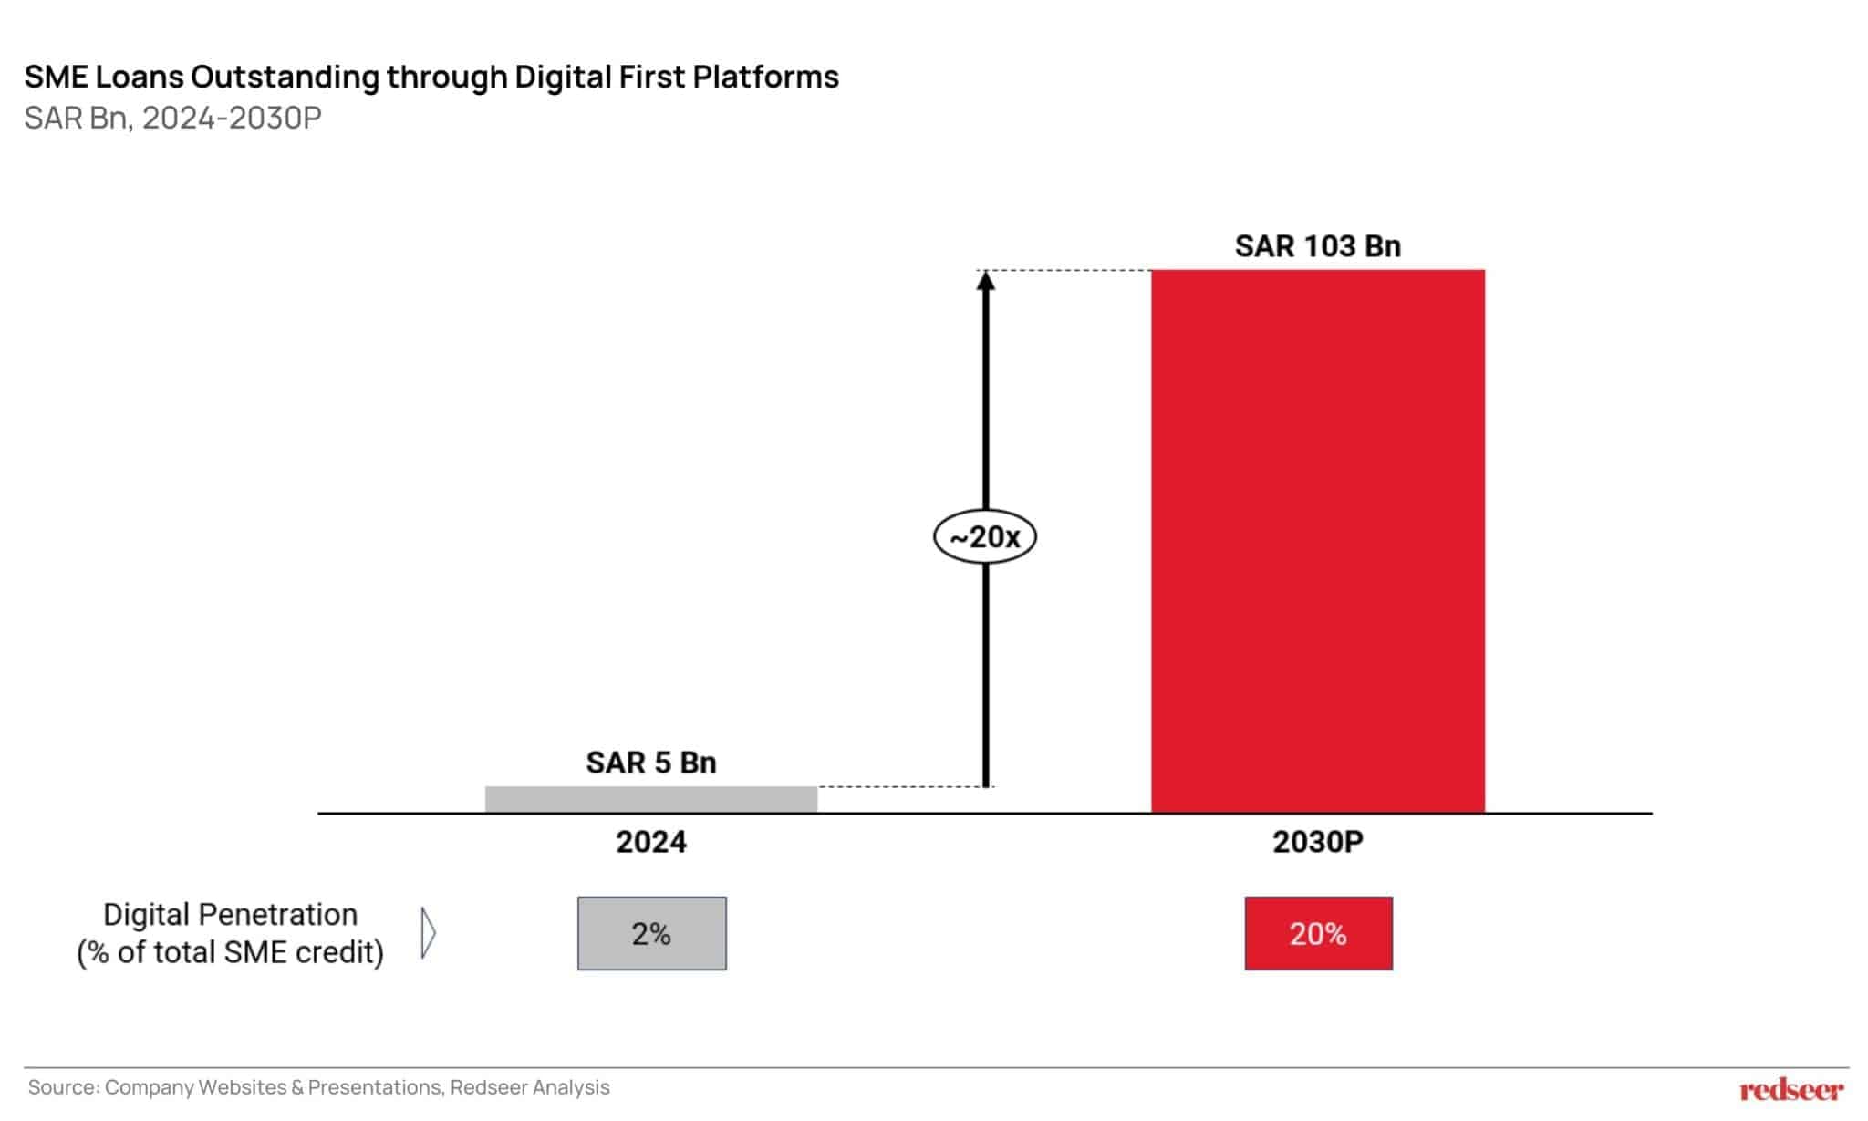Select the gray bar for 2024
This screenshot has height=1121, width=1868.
coord(650,799)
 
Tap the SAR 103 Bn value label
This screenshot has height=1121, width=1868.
coord(1317,246)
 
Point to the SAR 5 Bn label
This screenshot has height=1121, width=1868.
coord(650,763)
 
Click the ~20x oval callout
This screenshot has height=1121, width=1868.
coord(984,536)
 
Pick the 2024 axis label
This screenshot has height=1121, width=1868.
coord(650,842)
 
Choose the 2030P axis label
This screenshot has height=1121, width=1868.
coord(1317,842)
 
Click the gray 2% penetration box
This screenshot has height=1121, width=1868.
coord(651,933)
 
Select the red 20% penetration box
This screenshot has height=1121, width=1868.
coord(1318,933)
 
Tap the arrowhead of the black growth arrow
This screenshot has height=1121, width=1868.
coord(985,280)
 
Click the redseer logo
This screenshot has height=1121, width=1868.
coord(1790,1089)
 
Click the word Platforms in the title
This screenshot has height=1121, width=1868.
coord(765,77)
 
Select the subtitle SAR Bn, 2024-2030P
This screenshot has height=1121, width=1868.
coord(172,119)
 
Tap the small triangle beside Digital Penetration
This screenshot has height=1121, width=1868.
coord(428,933)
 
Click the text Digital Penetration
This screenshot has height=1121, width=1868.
coord(230,914)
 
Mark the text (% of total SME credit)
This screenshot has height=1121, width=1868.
coord(230,952)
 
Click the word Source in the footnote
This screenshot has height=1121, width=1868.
coord(62,1087)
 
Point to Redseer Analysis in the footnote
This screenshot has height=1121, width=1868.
coord(530,1087)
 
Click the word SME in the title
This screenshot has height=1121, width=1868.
coord(56,77)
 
